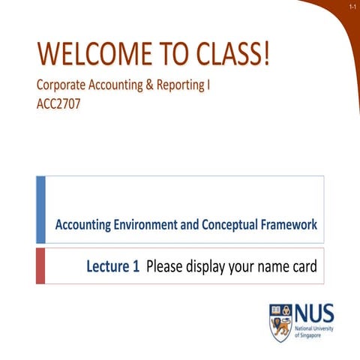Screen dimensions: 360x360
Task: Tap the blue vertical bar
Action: pyautogui.click(x=40, y=209)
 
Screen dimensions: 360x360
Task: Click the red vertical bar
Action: pyautogui.click(x=40, y=265)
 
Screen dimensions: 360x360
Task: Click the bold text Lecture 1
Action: pyautogui.click(x=112, y=265)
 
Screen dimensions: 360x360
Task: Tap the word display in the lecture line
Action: pyautogui.click(x=199, y=265)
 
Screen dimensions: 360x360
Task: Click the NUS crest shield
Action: pyautogui.click(x=280, y=322)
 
